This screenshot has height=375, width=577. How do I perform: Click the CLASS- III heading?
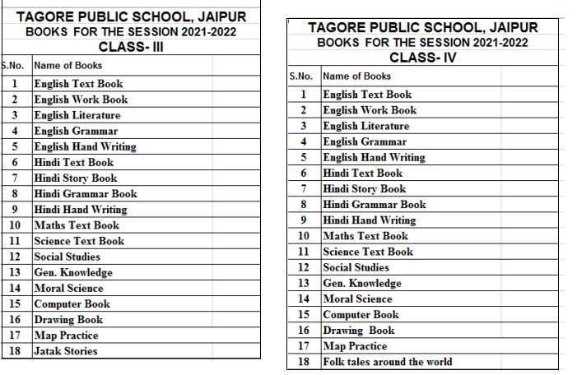pyautogui.click(x=131, y=47)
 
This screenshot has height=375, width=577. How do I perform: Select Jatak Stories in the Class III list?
pyautogui.click(x=66, y=351)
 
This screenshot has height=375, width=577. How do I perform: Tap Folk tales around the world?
pyautogui.click(x=387, y=361)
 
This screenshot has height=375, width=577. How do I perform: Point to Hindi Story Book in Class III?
pyautogui.click(x=76, y=178)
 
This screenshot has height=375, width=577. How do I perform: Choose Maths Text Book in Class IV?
pyautogui.click(x=365, y=236)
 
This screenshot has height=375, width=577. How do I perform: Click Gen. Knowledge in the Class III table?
pyautogui.click(x=73, y=272)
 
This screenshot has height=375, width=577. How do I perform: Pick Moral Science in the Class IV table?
pyautogui.click(x=357, y=299)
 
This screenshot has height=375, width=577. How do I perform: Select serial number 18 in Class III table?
pyautogui.click(x=15, y=351)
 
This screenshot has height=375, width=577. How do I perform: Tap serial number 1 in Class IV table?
pyautogui.click(x=304, y=95)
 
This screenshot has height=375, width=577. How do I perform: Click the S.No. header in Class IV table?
pyautogui.click(x=301, y=76)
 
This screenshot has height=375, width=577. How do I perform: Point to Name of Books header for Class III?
pyautogui.click(x=68, y=65)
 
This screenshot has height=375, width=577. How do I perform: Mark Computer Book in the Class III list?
pyautogui.click(x=72, y=303)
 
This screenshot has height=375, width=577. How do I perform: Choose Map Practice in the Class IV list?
pyautogui.click(x=355, y=345)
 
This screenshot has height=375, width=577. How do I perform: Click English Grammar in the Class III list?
pyautogui.click(x=76, y=131)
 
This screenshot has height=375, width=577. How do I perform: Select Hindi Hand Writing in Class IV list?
pyautogui.click(x=370, y=220)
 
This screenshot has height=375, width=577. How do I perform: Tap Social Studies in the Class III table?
pyautogui.click(x=67, y=257)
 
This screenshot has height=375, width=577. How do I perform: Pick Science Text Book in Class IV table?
pyautogui.click(x=368, y=252)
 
